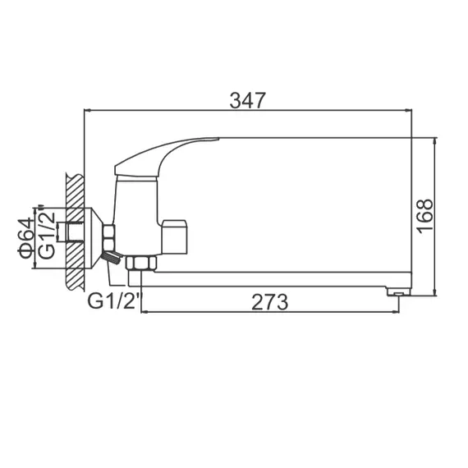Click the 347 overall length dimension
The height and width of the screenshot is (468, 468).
(248, 101)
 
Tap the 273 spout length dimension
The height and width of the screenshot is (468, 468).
(271, 301)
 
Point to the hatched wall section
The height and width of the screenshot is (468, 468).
(75, 230)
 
